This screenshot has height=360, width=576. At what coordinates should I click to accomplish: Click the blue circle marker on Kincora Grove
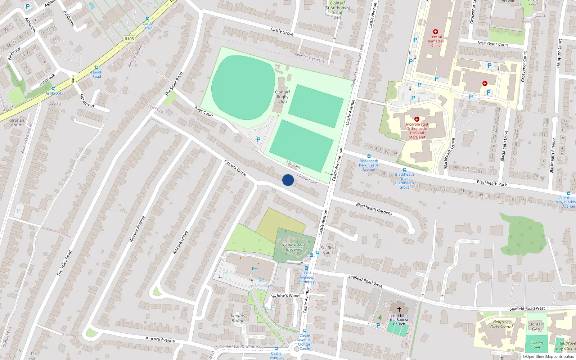click(288, 180)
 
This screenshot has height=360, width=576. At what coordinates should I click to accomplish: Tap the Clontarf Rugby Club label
click(283, 96)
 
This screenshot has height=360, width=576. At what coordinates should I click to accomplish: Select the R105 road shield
click(129, 39)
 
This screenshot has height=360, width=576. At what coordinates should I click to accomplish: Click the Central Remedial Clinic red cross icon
click(436, 32)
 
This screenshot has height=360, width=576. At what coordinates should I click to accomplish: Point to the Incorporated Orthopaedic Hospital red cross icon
click(417, 119)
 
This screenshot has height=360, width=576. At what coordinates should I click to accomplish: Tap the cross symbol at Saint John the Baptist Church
click(399, 309)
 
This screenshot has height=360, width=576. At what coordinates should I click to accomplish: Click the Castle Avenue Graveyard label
click(294, 247)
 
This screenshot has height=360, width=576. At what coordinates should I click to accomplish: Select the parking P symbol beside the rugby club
click(258, 140)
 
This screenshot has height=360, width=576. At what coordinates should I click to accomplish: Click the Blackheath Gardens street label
click(374, 209)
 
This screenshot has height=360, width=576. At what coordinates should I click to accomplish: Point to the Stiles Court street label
click(203, 112)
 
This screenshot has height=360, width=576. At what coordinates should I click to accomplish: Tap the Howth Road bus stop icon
click(96, 68)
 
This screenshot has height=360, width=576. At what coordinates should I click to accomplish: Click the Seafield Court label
click(328, 250)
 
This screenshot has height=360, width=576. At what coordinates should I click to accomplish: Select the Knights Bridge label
click(238, 318)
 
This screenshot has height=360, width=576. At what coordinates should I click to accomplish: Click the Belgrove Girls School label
click(501, 324)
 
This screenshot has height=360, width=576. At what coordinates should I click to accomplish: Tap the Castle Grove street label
click(282, 32)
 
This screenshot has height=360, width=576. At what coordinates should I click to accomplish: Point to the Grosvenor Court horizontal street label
click(493, 44)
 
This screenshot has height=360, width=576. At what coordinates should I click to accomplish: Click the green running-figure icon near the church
click(379, 318)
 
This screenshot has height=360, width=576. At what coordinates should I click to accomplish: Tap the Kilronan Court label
click(16, 123)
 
